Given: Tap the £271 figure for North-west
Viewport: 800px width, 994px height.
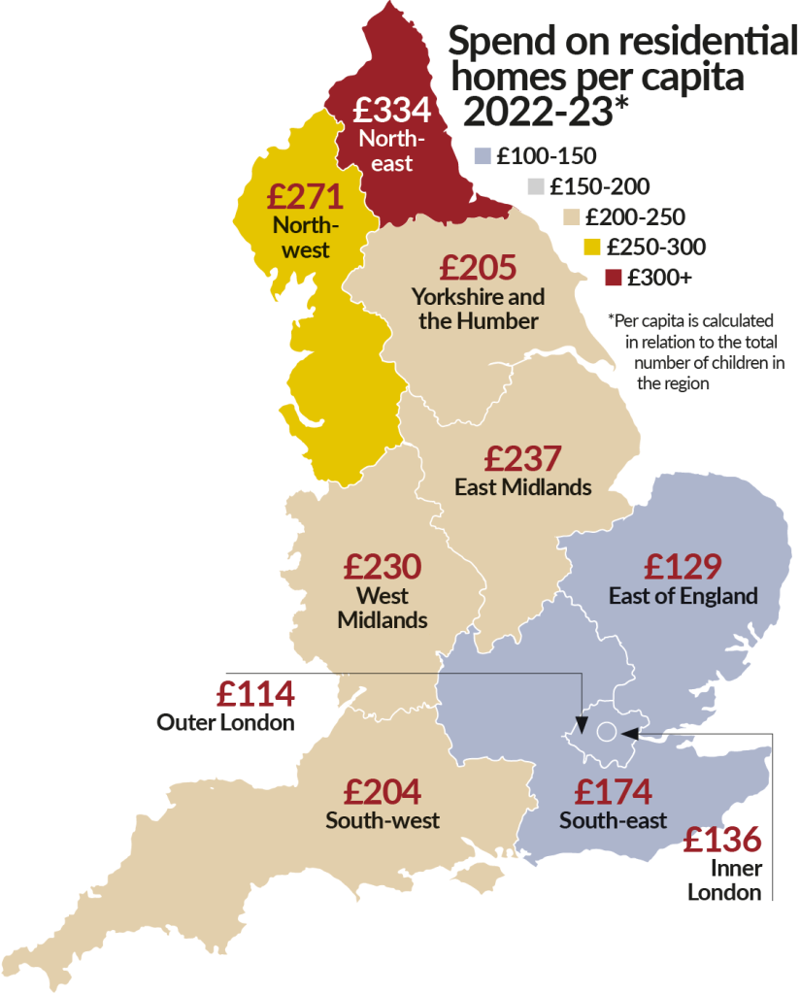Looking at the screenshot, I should (306, 197).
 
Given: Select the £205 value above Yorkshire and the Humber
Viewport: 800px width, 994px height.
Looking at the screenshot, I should (478, 267).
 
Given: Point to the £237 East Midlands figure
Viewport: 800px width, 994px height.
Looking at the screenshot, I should (522, 457).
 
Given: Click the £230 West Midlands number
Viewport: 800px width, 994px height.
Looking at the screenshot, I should (383, 566).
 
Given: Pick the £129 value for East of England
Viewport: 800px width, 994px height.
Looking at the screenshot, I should (683, 566).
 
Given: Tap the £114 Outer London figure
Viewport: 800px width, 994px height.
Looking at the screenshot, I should (255, 694).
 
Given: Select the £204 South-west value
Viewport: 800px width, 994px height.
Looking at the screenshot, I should (382, 792).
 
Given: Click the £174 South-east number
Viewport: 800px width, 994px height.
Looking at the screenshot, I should (613, 792).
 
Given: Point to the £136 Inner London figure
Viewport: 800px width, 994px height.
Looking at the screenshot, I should (722, 840).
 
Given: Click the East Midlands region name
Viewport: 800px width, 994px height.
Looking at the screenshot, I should (522, 486).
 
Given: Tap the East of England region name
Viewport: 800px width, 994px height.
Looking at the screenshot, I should (683, 595).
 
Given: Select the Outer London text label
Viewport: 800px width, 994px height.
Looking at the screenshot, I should (225, 723).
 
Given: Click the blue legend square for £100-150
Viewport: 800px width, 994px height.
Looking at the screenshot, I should (481, 155).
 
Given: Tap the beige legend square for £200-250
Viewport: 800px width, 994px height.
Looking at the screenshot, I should (572, 216).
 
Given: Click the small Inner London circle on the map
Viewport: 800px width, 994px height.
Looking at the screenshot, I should (606, 731).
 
